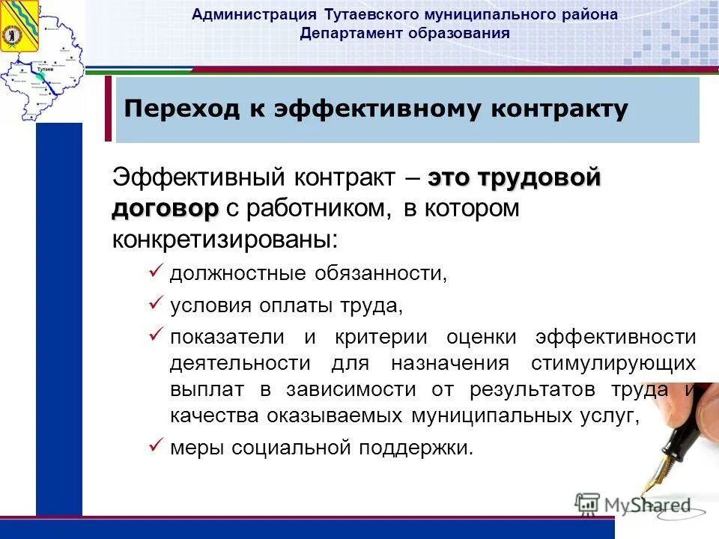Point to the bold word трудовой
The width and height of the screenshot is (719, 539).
click(539, 178)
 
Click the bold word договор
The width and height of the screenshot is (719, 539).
click(166, 209)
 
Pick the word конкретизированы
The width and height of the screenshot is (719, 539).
click(225, 240)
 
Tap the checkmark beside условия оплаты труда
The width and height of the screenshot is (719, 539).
click(156, 302)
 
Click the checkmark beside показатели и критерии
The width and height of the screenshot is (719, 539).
click(156, 335)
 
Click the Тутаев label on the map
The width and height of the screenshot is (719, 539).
click(43, 69)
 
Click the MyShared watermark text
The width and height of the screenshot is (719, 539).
click(646, 505)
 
